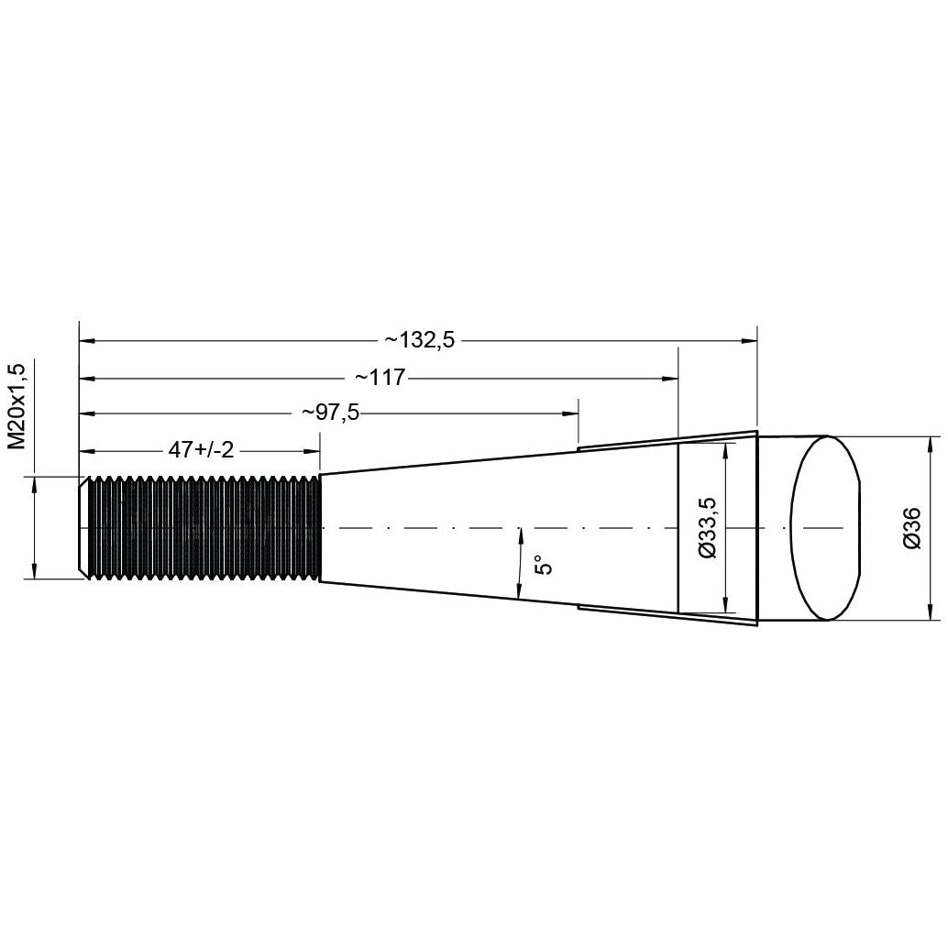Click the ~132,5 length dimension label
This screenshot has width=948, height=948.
click(x=419, y=341)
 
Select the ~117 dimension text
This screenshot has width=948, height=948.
click(x=380, y=378)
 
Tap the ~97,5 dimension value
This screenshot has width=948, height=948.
click(x=330, y=413)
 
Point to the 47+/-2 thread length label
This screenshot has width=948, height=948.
click(x=201, y=450)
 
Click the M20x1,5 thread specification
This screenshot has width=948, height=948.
click(x=17, y=405)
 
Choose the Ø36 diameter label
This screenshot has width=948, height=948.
click(x=910, y=529)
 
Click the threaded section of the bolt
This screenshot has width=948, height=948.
click(x=204, y=527)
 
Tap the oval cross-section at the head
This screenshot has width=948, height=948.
click(x=825, y=527)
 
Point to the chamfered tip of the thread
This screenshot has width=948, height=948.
click(x=83, y=527)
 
